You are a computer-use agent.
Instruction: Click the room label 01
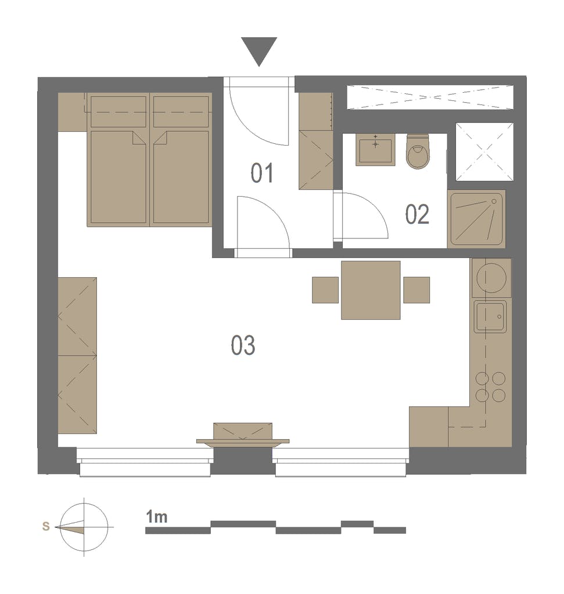point(261,173)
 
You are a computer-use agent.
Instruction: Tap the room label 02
point(417,215)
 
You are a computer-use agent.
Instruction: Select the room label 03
point(243,346)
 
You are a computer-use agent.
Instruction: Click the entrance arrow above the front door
point(259,50)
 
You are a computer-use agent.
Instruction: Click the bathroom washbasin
point(375,150)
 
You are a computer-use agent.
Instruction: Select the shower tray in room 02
point(476,219)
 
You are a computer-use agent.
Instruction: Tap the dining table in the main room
point(371,290)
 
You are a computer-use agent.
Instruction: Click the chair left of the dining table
point(325,290)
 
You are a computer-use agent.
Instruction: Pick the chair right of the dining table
point(416,290)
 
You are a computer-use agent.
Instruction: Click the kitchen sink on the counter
point(490,317)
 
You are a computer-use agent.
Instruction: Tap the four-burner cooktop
point(490,387)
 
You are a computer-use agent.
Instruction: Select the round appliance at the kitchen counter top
point(490,277)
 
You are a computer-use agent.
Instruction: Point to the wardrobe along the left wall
point(77,355)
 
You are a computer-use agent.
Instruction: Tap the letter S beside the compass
point(46,527)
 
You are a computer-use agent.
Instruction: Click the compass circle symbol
point(85,527)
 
